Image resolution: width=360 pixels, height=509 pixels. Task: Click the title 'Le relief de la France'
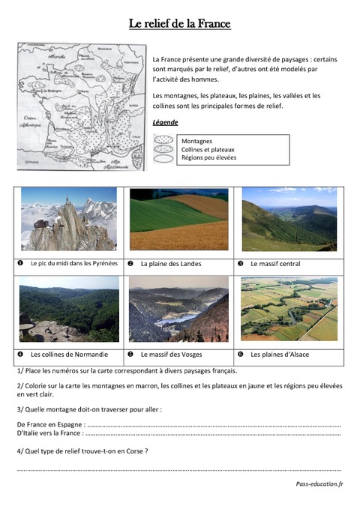tap(180, 24)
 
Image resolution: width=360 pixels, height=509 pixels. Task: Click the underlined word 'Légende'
tap(165, 121)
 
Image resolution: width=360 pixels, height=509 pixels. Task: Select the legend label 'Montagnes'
tap(196, 141)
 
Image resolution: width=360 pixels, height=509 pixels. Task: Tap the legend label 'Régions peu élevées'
tap(208, 157)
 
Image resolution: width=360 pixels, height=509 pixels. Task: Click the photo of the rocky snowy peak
tap(69, 219)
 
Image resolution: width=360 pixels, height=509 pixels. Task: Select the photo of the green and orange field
tap(178, 219)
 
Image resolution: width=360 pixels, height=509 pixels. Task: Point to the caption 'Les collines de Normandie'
tap(69, 354)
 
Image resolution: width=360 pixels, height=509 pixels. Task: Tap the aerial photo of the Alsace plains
tap(289, 309)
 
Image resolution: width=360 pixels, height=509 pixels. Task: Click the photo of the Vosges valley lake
tap(178, 309)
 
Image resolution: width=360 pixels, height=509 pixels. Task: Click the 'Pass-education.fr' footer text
tap(319, 484)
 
